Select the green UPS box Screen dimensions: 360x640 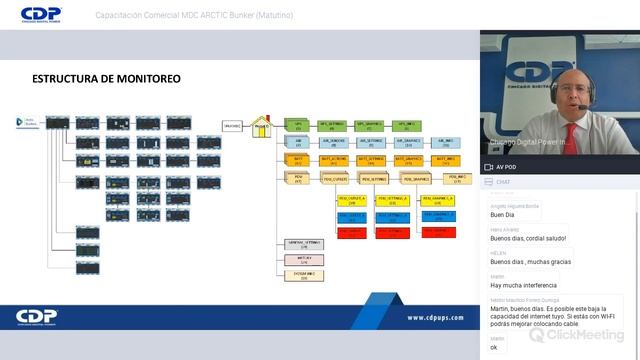tap(298, 126)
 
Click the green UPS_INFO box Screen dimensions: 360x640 tap(408, 126)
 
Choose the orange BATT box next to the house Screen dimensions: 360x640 tap(298, 159)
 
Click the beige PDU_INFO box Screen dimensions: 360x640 tap(456, 179)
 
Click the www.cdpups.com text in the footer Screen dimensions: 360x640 tap(435, 317)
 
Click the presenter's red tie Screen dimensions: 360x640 tap(570, 139)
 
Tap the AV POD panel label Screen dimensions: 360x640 tap(506, 167)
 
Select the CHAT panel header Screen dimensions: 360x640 tap(504, 182)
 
